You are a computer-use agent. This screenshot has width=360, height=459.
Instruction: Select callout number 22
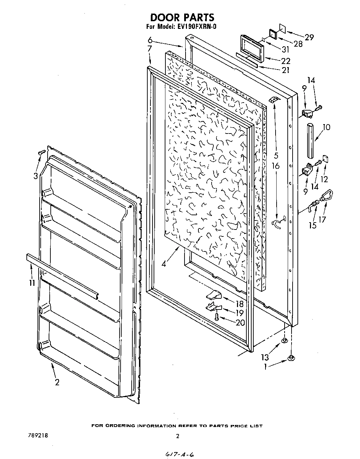pos(286,61)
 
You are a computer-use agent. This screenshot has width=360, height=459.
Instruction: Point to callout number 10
pos(326,127)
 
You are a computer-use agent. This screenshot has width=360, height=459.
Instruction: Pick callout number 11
pos(32,283)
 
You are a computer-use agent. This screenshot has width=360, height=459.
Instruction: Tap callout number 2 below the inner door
pos(57,382)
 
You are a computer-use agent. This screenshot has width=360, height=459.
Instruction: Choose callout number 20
pos(240,322)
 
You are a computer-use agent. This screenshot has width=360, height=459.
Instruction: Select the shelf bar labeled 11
pos(63,275)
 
